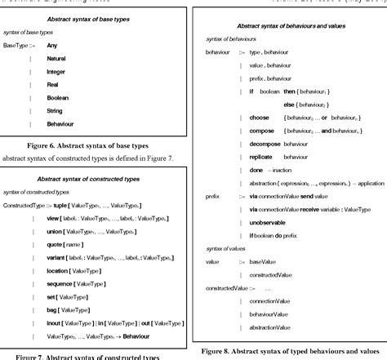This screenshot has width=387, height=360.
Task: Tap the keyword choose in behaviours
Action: pos(261,118)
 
